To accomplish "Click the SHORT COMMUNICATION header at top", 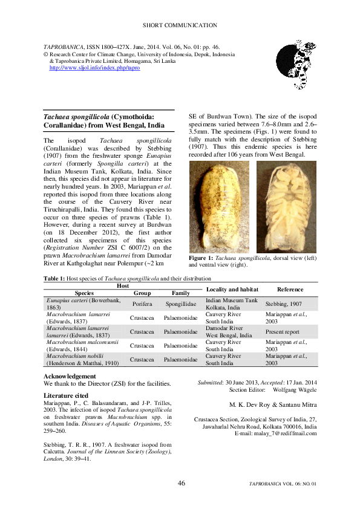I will (180, 25).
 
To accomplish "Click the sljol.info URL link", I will (94, 68).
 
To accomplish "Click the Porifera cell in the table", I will (142, 303).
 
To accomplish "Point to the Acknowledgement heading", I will (70, 376).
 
